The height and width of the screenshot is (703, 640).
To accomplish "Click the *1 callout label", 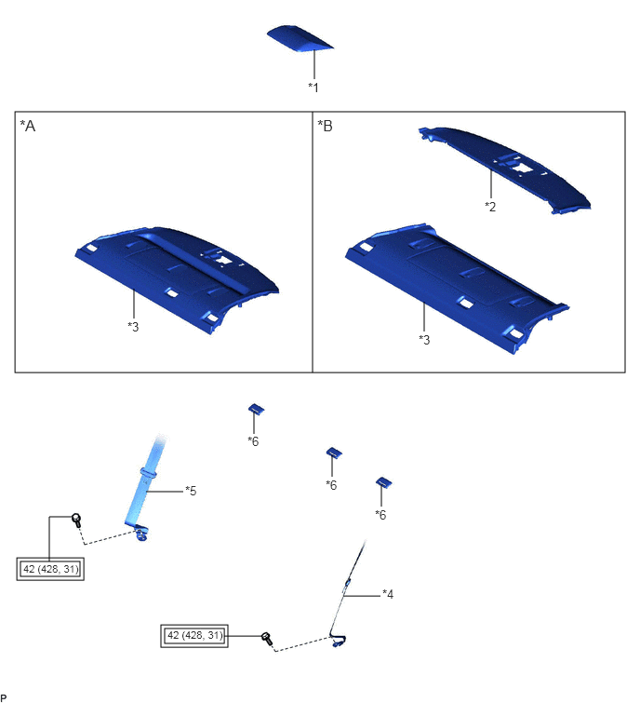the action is coord(313,88).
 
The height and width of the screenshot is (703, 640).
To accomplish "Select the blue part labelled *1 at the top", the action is coord(300,38).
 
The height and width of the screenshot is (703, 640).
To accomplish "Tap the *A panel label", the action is coord(27,126).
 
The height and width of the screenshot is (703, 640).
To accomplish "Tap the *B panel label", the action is coord(326,126).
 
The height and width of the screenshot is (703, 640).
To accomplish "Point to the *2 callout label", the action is coord(490,207).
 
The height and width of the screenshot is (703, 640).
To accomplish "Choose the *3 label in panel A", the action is coord(133,327).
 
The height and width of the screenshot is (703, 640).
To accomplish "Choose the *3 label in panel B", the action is coord(424,340).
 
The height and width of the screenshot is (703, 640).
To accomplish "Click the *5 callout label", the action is coord(191,491).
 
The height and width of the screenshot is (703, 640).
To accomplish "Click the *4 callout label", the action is coord(388,594).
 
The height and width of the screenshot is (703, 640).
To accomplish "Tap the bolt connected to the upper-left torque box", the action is coord(76,521).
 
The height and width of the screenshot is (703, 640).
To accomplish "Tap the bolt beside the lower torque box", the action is coord(266,639).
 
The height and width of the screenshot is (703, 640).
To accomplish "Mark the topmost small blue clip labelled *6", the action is coord(256,409).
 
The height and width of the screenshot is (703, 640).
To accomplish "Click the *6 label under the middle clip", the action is coord(331,485).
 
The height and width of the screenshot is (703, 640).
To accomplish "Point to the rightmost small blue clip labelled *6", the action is coord(383,482).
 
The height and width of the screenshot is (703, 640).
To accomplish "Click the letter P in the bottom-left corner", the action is coord(4,698).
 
